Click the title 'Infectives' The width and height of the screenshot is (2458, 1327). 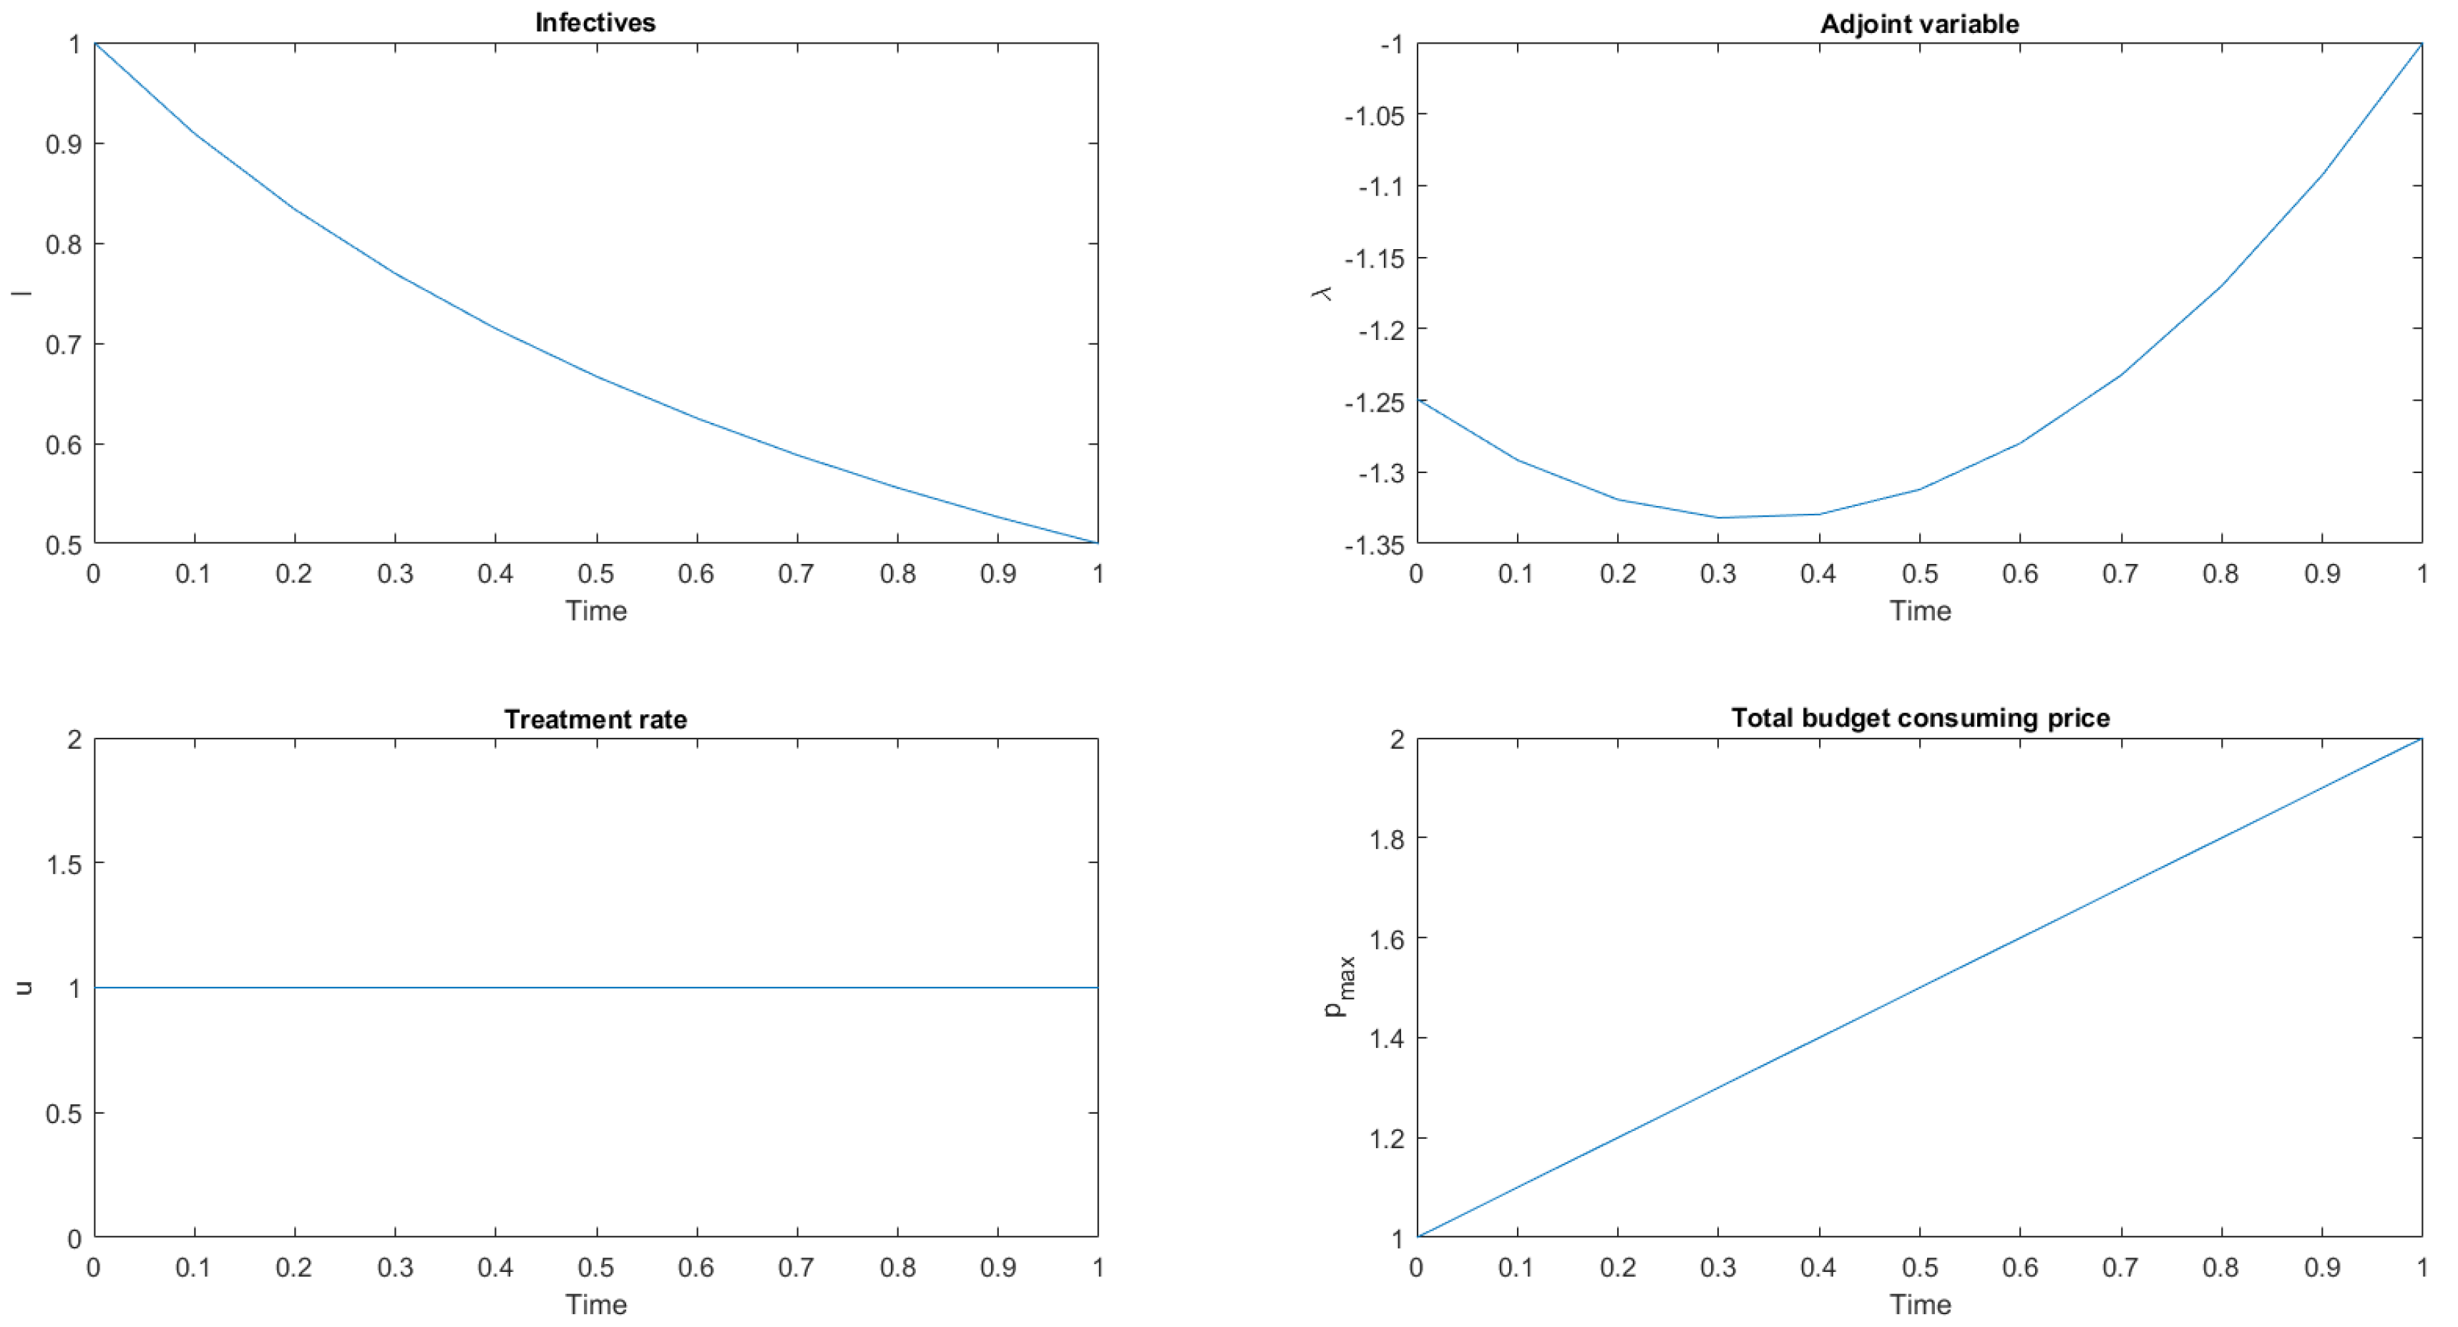(595, 23)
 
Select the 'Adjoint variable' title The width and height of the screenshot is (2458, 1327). (1919, 24)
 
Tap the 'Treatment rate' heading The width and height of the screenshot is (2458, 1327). (595, 719)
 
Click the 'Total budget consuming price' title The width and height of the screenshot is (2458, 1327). (1920, 718)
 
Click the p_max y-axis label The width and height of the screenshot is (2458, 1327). (1340, 987)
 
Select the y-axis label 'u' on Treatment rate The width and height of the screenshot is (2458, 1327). (23, 988)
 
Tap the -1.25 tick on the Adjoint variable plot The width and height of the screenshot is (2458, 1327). (1373, 402)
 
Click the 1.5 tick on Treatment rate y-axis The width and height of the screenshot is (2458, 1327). (63, 864)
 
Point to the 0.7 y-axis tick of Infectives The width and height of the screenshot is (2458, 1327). (63, 345)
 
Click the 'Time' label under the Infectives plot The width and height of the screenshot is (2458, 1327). (595, 611)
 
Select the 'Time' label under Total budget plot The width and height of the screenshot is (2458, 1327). (1920, 1305)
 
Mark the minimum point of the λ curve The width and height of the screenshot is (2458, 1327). (1719, 517)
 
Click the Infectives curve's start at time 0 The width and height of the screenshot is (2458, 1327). (94, 44)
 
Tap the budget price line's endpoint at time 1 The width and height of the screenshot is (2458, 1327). (2422, 739)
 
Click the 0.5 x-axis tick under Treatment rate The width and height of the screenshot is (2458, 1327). (595, 1268)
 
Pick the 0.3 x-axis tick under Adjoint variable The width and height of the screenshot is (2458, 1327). (1717, 574)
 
